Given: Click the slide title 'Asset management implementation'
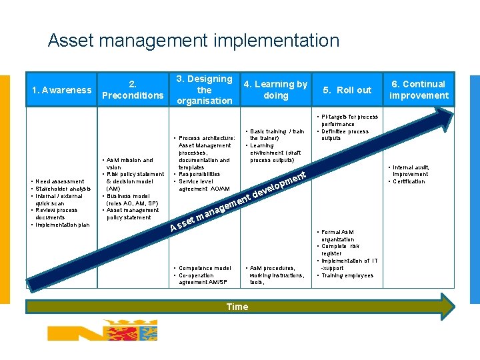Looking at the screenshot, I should (193, 41).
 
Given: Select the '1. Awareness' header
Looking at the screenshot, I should (62, 90).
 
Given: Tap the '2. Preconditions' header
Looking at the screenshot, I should (133, 90).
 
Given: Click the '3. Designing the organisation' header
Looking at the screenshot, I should (205, 90).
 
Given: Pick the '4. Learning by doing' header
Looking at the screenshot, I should (275, 90).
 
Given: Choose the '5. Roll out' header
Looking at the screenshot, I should (347, 90).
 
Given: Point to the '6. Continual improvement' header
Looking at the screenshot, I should (419, 90).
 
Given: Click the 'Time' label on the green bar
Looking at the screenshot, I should (237, 307).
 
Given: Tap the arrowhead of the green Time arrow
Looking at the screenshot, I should (447, 307).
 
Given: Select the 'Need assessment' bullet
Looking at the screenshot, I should (61, 181).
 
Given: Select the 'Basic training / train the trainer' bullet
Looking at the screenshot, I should (277, 135).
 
